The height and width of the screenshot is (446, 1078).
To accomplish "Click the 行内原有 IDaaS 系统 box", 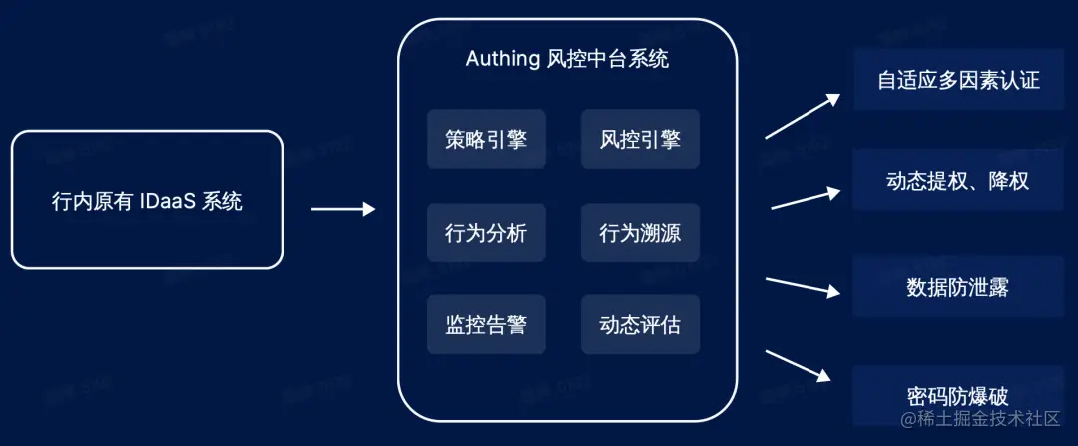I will point(148,200).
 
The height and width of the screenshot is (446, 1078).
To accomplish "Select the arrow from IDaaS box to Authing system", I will point(342,209).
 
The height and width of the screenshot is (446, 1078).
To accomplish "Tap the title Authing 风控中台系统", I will point(567,59).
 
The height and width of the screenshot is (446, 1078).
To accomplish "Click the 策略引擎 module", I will point(486,139).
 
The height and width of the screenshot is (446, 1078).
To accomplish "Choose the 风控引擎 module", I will point(640,139).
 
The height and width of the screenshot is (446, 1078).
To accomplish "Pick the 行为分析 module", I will point(486,233).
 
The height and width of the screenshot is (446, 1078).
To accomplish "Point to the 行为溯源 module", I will point(640,233).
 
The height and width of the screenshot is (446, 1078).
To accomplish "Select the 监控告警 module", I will point(486,324).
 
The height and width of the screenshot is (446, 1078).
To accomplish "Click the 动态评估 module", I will point(640,324).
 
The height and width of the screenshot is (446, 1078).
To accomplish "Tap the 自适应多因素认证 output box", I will point(958,79).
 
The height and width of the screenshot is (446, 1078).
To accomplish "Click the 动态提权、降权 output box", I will point(958,181).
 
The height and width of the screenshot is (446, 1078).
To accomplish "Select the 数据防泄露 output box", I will point(958,288).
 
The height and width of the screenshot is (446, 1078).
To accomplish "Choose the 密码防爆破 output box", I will point(958,396).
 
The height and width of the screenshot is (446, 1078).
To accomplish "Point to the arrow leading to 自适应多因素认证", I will point(804,115).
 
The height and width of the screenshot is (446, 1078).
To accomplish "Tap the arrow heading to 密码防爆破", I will point(799,365).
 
